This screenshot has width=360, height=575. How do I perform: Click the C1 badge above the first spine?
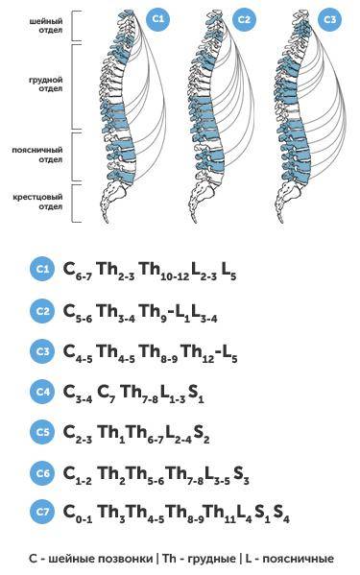158,18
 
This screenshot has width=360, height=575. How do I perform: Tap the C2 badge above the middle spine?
244,19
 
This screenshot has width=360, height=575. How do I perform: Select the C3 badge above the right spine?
330,19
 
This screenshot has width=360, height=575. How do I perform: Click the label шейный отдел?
46,26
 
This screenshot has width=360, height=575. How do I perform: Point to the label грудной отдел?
46,84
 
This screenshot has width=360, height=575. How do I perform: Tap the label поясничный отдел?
37,155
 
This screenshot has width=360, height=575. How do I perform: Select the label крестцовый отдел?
38,202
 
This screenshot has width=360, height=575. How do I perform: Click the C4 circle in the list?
42,392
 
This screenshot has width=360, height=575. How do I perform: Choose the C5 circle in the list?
42,432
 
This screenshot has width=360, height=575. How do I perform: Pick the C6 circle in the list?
42,472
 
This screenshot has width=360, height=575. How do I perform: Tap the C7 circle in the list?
42,512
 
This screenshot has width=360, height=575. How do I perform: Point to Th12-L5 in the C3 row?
209,352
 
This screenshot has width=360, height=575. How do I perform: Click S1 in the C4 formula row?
196,394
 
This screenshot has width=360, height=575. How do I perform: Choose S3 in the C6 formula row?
241,474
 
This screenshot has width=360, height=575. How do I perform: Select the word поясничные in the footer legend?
298,559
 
